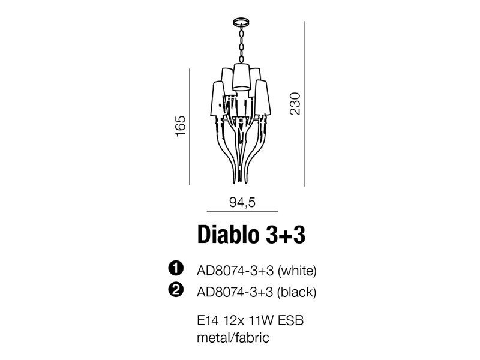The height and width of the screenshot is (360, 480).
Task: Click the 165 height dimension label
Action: [x=181, y=126]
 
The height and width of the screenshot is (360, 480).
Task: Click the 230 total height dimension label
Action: [x=295, y=103]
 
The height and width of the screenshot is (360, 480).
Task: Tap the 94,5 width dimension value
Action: [x=242, y=202]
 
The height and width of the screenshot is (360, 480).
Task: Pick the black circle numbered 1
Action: [x=176, y=268]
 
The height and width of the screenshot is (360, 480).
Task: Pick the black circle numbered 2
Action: [x=176, y=290]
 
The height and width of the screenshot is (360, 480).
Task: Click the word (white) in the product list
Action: [x=296, y=271]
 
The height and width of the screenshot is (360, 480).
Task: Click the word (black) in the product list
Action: [x=296, y=292]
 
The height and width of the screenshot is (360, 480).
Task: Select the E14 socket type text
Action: [x=208, y=321]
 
